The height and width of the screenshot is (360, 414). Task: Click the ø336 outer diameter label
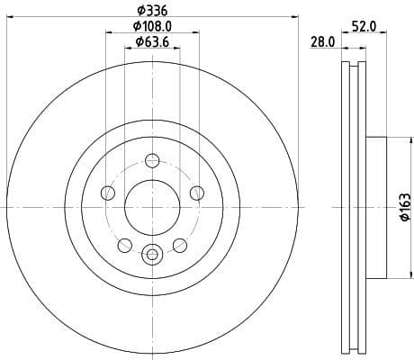pos(151,10)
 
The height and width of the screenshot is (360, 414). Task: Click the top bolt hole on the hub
pos(151,161)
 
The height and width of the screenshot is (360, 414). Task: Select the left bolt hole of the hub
pos(109,192)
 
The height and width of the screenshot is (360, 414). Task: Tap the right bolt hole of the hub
pos(194,192)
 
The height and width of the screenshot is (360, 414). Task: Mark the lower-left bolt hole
pos(125,243)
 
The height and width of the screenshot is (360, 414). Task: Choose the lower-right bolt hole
pos(178,243)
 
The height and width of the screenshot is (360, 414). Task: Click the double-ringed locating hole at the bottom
pos(151,253)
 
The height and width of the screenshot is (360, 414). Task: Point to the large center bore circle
pos(151,206)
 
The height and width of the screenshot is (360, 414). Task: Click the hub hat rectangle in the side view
pos(375,206)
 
